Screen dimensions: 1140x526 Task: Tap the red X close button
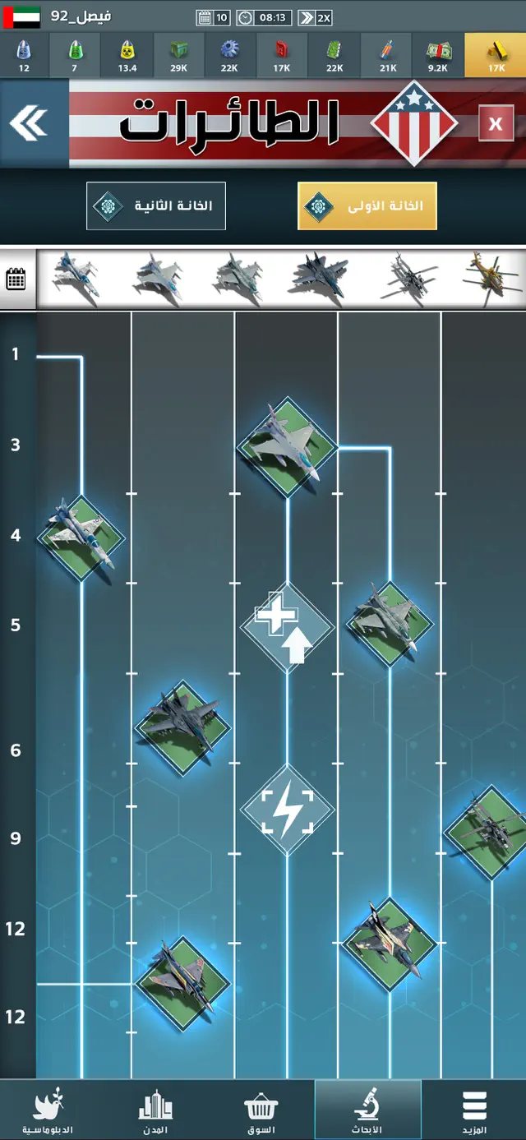(496, 123)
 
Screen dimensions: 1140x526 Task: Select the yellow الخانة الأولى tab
(367, 205)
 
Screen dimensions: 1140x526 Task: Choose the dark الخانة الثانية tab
(156, 205)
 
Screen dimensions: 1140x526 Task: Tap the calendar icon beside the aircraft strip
(16, 279)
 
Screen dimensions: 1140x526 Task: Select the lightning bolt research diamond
(287, 810)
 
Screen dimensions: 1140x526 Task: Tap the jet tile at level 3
(287, 447)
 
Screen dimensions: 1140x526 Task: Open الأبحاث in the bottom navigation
(367, 1110)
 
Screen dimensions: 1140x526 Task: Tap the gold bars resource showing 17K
(496, 56)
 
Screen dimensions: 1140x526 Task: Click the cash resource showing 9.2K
(437, 56)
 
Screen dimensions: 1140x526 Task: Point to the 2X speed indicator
(315, 17)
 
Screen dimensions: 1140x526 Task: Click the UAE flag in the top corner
(16, 17)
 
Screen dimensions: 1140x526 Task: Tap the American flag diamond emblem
(413, 123)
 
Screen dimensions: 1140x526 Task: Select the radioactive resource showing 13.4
(127, 56)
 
